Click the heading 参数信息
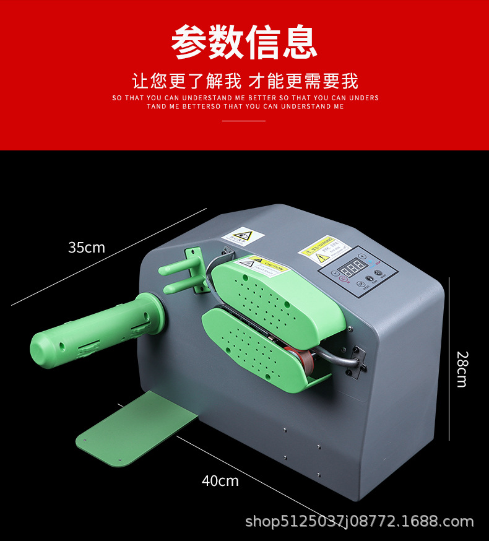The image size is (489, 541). click(x=244, y=42)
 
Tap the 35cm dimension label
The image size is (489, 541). click(x=87, y=248)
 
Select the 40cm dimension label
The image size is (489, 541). click(x=220, y=480)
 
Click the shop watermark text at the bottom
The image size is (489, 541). click(x=359, y=522)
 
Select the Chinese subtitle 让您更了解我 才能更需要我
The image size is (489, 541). click(x=244, y=81)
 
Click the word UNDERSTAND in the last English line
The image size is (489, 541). click(x=306, y=106)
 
